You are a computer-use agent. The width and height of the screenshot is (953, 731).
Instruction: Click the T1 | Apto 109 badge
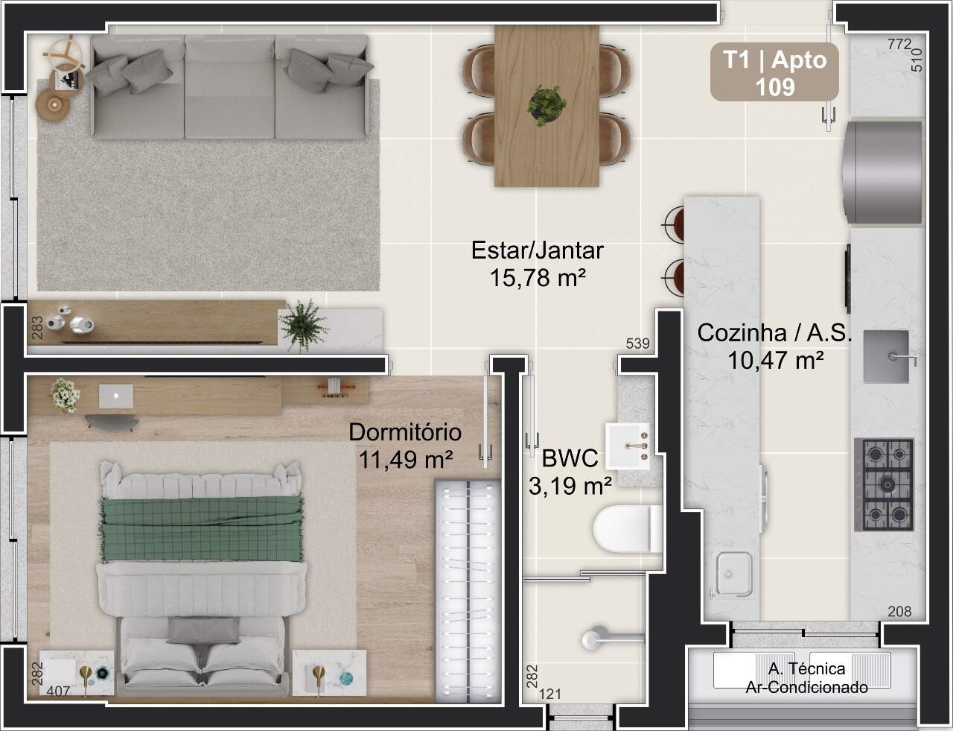774,72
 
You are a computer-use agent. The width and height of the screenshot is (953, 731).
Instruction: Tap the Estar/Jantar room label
538,250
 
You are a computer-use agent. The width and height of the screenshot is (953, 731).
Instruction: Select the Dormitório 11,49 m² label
405,446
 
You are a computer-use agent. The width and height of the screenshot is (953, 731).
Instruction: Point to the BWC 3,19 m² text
570,472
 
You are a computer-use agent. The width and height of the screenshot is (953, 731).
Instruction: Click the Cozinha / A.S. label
774,333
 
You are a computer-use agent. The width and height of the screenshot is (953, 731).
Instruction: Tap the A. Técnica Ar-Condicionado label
806,678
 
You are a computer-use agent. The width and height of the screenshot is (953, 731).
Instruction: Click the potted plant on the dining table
546,106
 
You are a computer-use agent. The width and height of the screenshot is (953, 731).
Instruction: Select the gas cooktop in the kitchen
885,484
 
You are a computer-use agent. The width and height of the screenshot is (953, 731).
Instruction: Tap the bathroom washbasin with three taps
628,446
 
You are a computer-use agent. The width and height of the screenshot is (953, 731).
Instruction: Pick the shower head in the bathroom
593,639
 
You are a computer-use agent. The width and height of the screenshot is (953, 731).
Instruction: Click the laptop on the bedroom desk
116,396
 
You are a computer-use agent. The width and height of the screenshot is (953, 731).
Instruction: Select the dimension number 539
637,343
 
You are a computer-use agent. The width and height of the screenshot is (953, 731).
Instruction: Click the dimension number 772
899,44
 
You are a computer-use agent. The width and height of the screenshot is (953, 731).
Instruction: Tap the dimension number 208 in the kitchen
899,611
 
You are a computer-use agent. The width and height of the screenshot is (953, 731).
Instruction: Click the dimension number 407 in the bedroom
58,692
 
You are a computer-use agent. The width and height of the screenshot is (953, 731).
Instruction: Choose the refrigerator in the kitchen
882,172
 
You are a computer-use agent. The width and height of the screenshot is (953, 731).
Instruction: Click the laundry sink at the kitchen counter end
732,575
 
